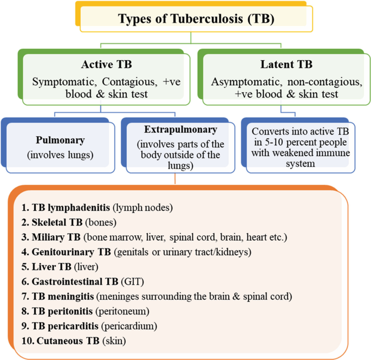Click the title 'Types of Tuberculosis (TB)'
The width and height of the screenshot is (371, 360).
click(196, 19)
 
